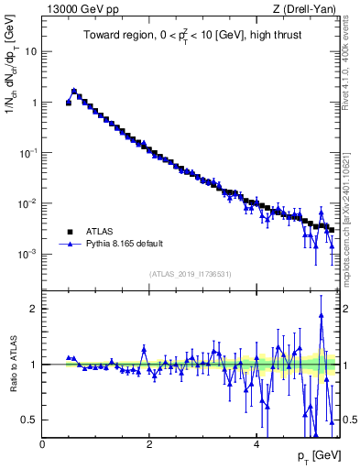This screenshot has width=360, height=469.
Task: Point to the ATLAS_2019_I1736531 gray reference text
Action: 190,274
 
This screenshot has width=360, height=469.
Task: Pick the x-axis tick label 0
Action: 43,443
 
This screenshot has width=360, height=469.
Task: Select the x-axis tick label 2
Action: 149,443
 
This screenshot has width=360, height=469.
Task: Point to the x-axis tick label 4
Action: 256,443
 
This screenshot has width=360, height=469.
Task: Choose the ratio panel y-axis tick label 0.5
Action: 30,420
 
